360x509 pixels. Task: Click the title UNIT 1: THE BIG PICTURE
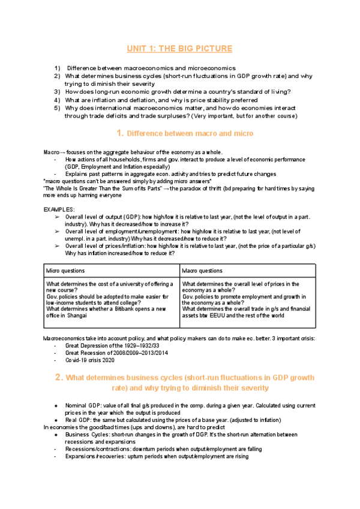[180, 48]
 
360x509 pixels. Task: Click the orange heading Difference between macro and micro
[187, 133]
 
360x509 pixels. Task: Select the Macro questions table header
[202, 271]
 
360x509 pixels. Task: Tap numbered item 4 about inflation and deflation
[156, 100]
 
